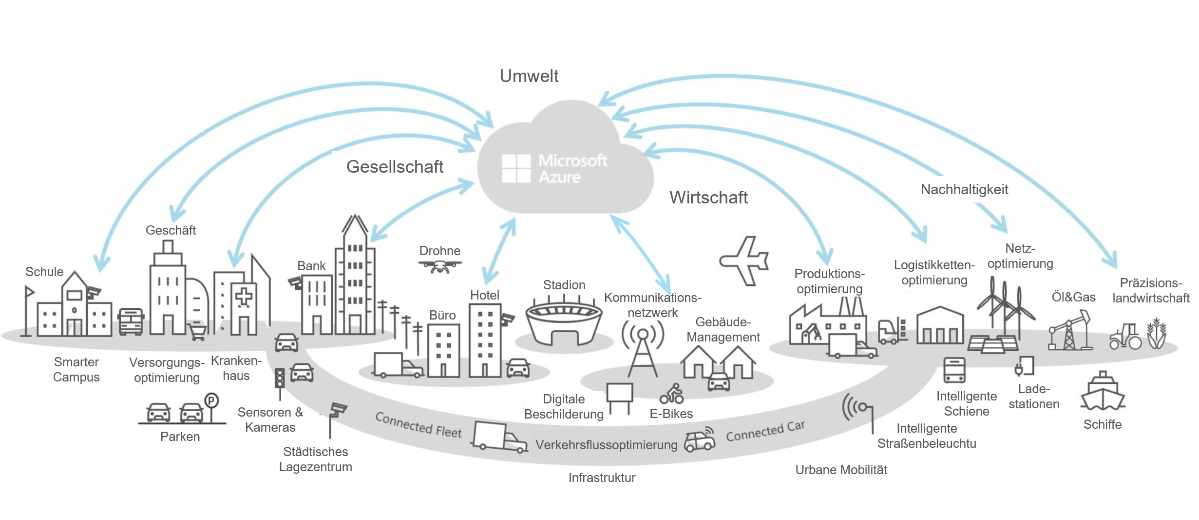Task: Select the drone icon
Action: (x=440, y=266)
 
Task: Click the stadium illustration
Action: (x=564, y=322)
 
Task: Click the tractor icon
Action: (x=1125, y=337)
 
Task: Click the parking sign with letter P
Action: (x=211, y=401)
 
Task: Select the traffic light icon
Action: (x=280, y=379)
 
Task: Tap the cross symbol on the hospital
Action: (x=244, y=297)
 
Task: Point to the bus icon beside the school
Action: (x=131, y=321)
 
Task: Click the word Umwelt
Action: (x=529, y=76)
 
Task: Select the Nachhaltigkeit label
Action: (x=964, y=190)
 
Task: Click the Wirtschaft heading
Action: (x=708, y=198)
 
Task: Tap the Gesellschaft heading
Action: (x=395, y=167)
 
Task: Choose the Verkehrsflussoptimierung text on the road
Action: (x=607, y=445)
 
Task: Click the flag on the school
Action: (x=29, y=292)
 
